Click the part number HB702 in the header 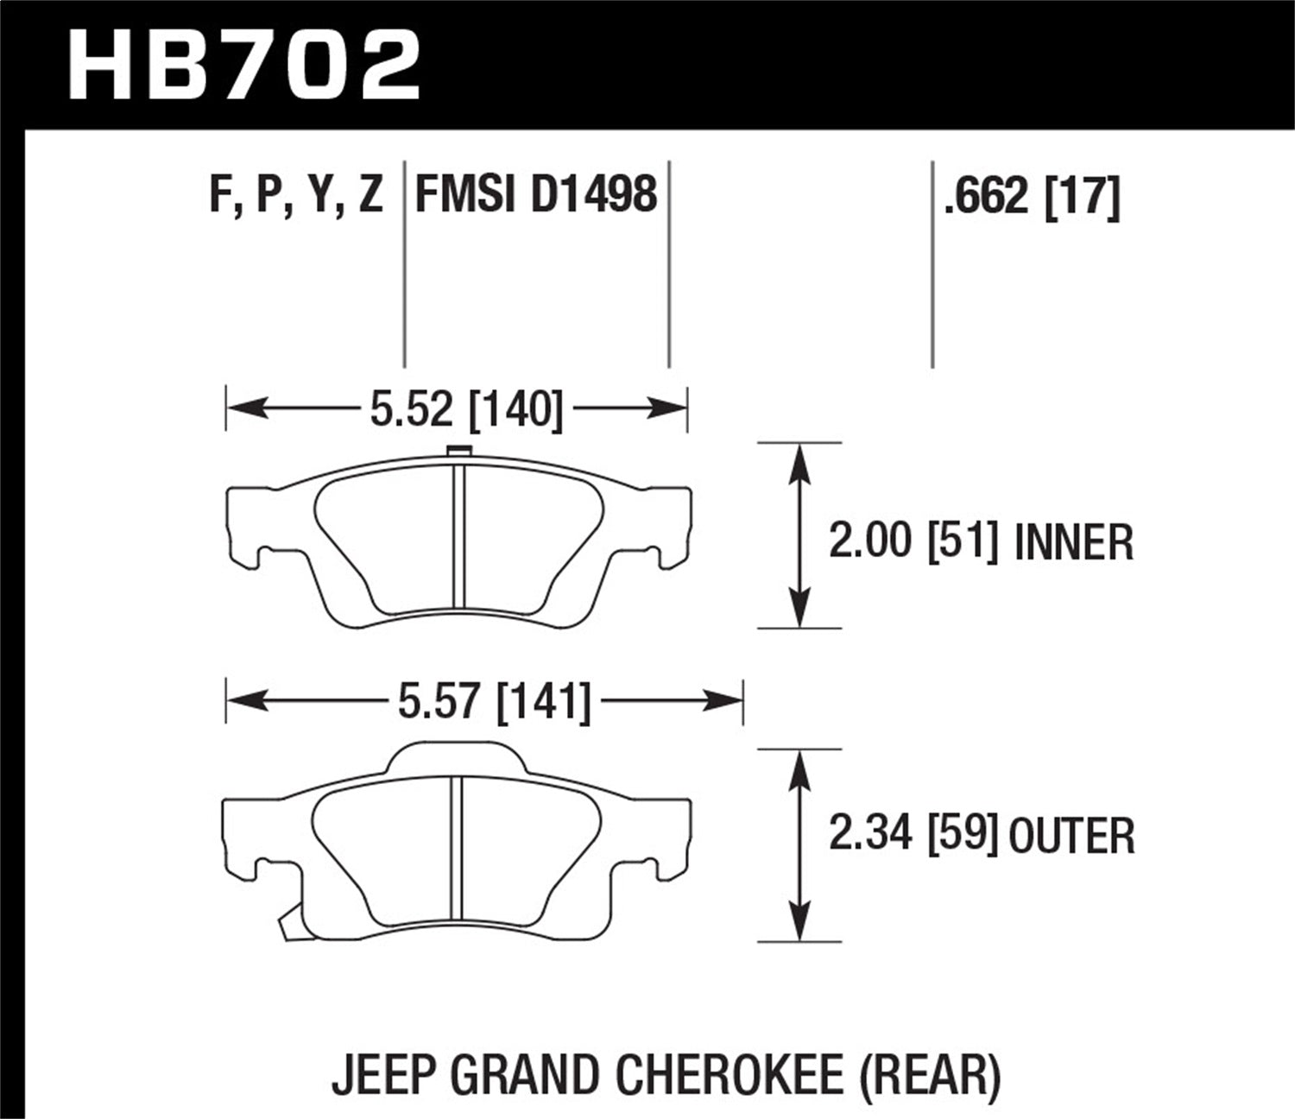pos(244,65)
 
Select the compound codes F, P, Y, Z pos(296,194)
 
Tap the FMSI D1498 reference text pos(536,194)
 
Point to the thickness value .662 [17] pos(1032,197)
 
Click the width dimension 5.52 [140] pos(466,409)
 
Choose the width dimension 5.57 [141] pos(494,701)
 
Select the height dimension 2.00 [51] pos(913,542)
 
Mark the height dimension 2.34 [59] pos(913,836)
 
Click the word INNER pos(1073,543)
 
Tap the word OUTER pos(1071,837)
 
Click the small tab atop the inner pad pos(459,450)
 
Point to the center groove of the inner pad pos(459,535)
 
